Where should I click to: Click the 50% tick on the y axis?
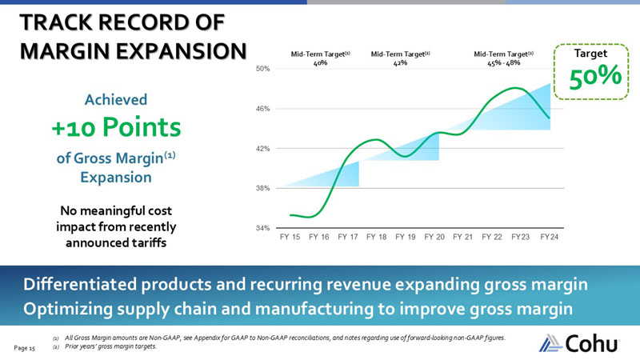tap(262, 70)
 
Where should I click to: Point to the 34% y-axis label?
tap(262, 228)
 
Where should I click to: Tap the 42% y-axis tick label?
tap(262, 149)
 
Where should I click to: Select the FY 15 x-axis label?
tap(290, 238)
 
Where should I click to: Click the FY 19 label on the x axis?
tap(406, 238)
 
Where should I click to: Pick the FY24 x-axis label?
tap(550, 238)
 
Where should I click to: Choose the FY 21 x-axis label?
tap(463, 238)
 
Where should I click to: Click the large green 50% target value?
tap(595, 78)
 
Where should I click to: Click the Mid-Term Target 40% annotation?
tap(320, 58)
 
